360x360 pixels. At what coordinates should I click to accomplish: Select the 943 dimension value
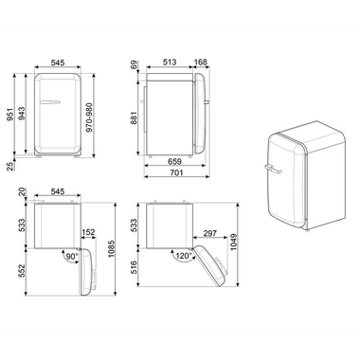tap(24, 114)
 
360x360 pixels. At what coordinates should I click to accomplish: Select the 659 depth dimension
tap(174, 161)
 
